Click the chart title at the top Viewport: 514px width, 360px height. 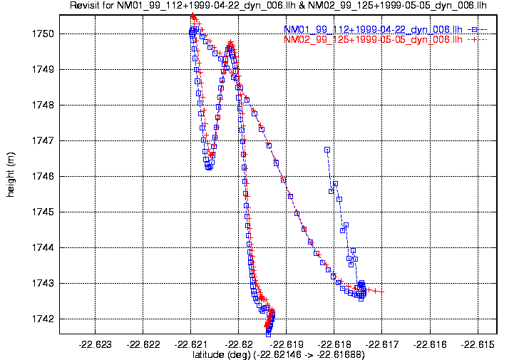tap(278, 6)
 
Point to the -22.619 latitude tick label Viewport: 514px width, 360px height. tap(287, 344)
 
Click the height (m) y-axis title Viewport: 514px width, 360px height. tap(11, 176)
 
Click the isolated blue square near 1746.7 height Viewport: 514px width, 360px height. tap(327, 150)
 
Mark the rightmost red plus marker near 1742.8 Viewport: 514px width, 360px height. tap(382, 292)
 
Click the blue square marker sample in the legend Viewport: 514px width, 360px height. tap(476, 29)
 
